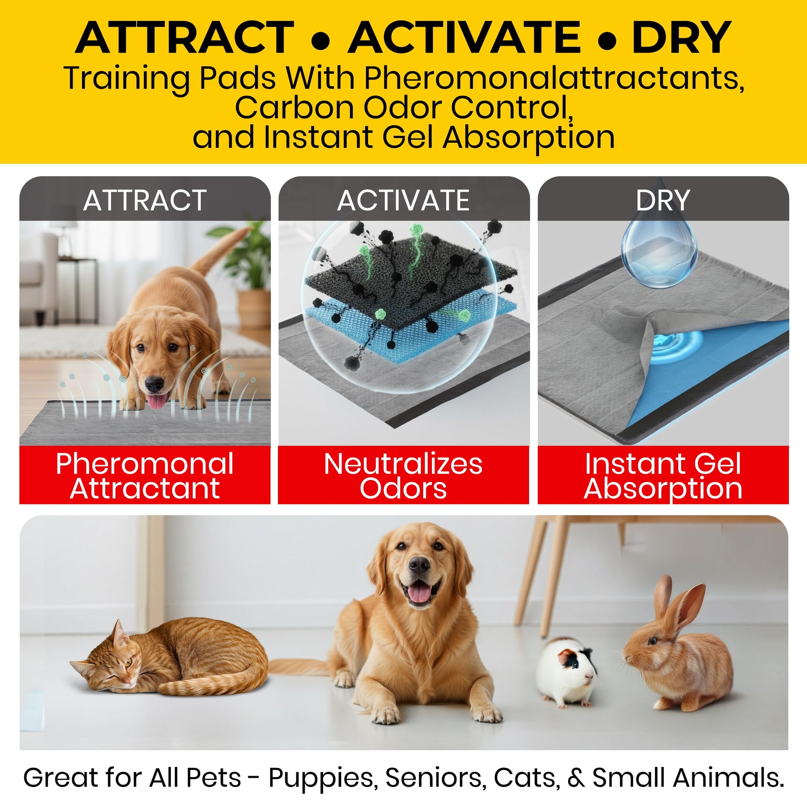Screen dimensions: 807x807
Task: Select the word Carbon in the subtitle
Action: [x=295, y=108]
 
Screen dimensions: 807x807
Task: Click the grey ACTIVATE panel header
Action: [x=403, y=199]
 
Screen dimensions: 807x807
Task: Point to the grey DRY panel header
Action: [x=663, y=199]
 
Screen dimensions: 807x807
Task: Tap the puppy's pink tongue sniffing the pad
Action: [x=156, y=402]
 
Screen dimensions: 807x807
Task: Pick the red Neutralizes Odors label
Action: [x=403, y=475]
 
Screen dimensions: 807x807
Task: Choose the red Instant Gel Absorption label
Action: [x=663, y=475]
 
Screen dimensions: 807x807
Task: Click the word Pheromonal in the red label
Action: [x=145, y=465]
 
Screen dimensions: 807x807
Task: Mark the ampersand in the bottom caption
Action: [x=576, y=778]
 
